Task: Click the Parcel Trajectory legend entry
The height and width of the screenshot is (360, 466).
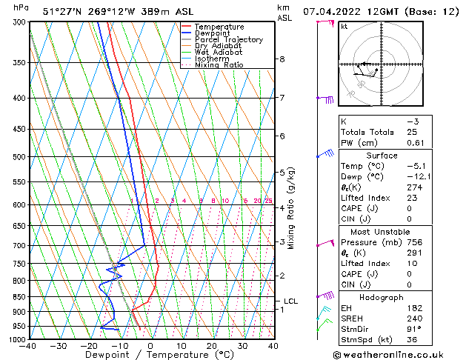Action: coord(228,39)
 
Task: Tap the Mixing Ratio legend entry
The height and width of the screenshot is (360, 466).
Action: coord(220,65)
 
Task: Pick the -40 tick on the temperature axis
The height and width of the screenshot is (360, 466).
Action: coord(28,346)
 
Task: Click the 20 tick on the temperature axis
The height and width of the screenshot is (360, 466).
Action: coord(212,346)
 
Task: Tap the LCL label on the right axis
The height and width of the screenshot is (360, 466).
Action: coord(290,301)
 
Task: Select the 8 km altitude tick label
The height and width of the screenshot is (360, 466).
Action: coord(282,59)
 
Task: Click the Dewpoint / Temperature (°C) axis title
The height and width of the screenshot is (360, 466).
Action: coord(150,355)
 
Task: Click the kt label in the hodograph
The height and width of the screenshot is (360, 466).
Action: coord(344,27)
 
